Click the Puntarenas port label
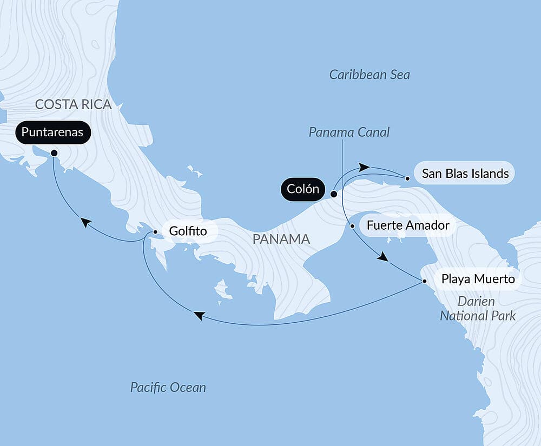pos(53,132)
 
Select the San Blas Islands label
pos(465,174)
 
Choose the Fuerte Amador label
pos(407,225)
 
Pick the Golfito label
pos(188,231)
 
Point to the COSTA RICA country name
pos(73,104)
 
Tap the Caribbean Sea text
pos(370,75)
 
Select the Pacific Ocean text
pos(168,387)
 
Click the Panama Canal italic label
pos(349,132)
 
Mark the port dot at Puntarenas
pos(54,153)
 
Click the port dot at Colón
pos(334,194)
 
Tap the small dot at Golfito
pos(155,232)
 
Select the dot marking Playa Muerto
pos(425,281)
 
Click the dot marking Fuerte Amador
pos(352,225)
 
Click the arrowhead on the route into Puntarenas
pos(85,222)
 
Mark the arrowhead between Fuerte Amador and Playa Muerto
pos(383,257)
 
